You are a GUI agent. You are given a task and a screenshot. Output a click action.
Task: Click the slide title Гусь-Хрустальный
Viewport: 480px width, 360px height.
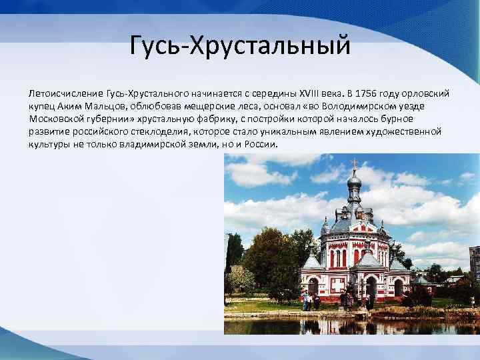[240, 46]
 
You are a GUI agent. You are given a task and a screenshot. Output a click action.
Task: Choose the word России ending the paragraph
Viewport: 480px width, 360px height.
[260, 145]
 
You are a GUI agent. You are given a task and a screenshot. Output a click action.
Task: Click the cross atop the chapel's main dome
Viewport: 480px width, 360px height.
[355, 163]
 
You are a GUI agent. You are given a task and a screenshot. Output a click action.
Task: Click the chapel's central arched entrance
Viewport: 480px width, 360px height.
[371, 287]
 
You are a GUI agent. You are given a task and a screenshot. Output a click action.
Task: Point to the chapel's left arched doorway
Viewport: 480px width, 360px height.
[313, 287]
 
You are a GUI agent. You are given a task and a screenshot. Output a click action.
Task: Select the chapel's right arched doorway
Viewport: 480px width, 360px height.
[399, 287]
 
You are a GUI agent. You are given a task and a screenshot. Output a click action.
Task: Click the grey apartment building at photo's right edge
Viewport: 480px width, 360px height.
[474, 263]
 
